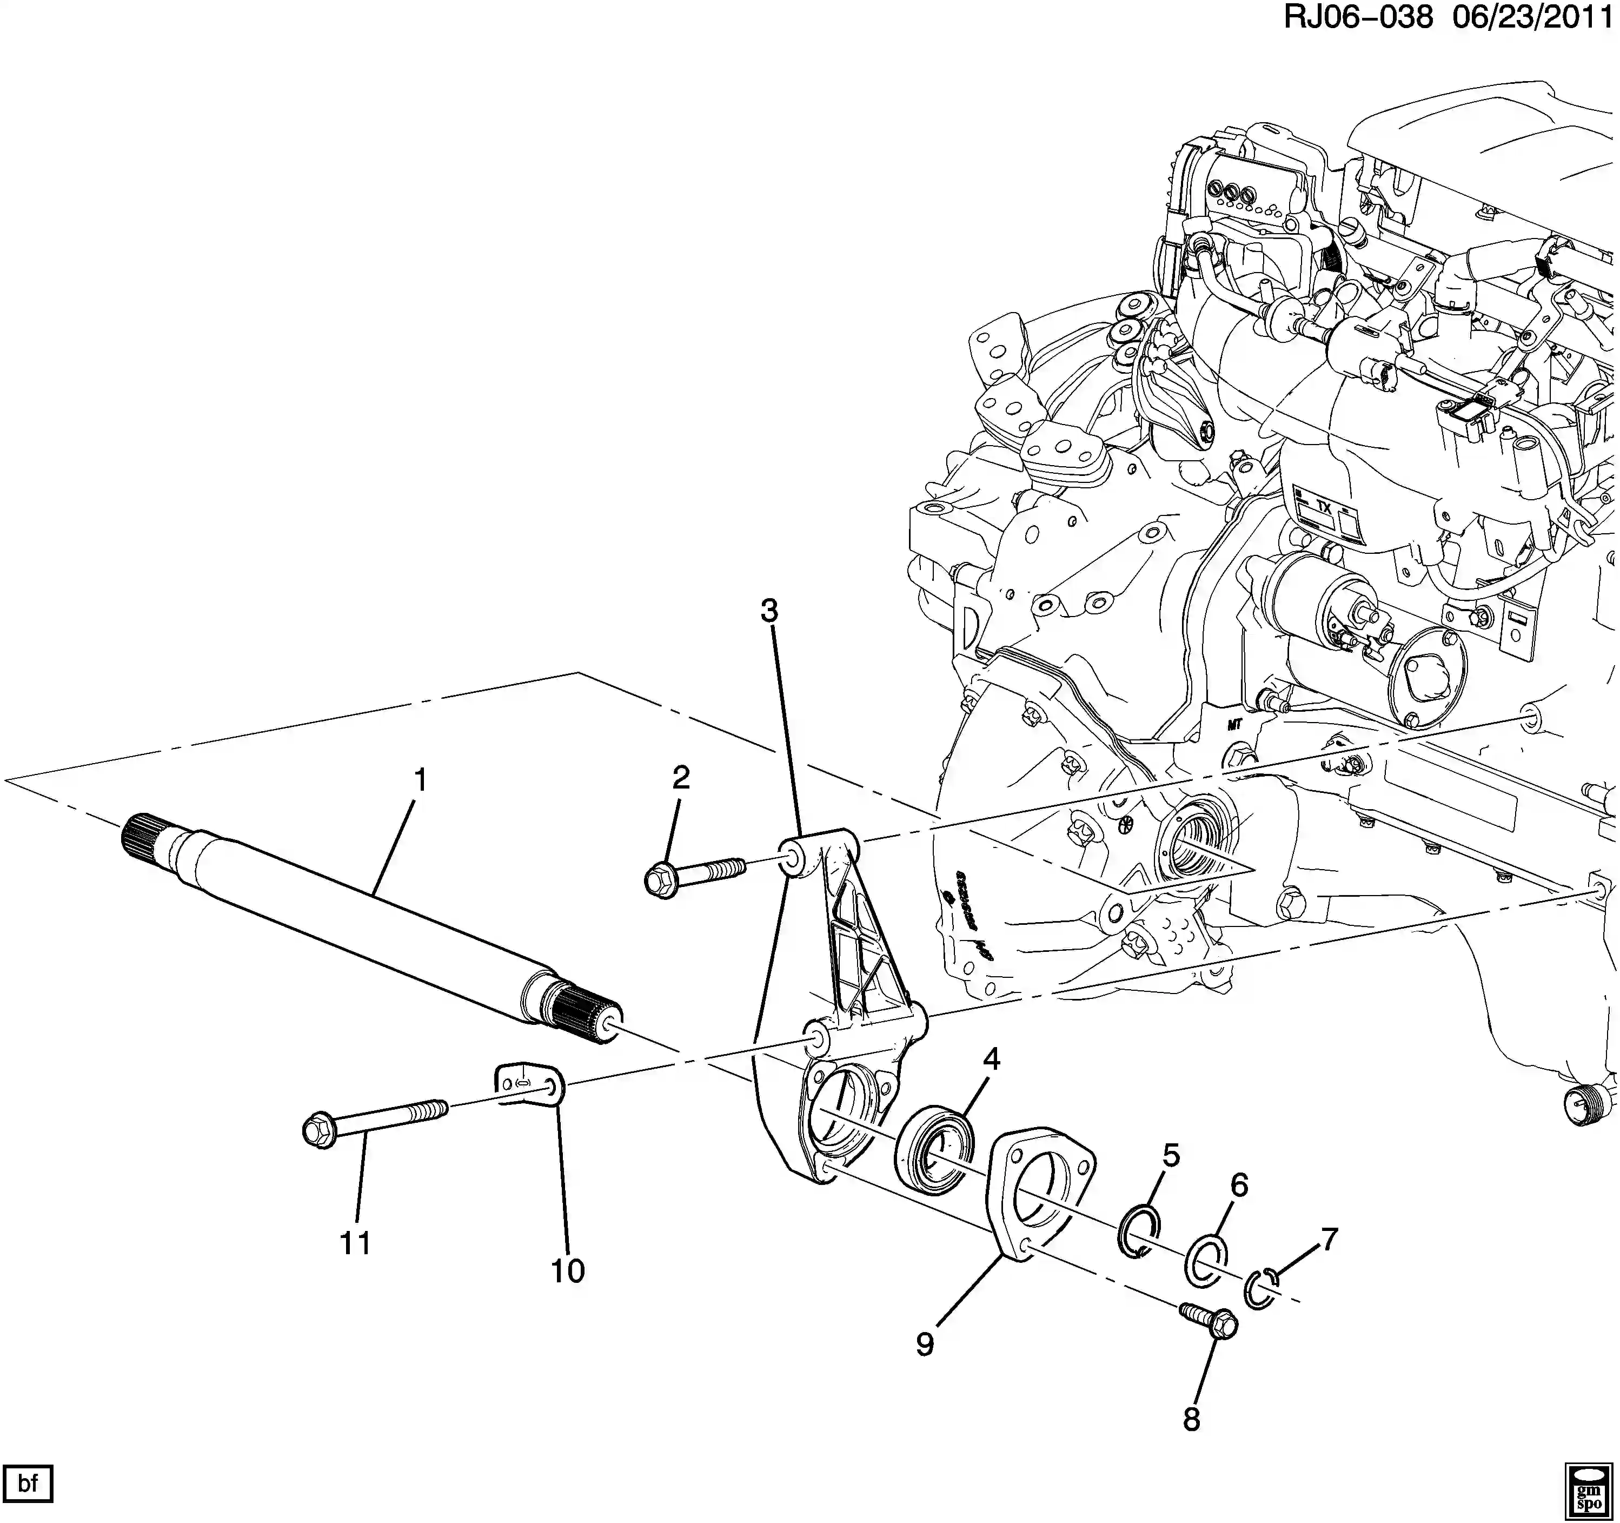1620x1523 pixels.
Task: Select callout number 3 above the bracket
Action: (769, 611)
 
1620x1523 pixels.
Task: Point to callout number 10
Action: (568, 1270)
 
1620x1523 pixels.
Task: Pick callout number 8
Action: (1191, 1420)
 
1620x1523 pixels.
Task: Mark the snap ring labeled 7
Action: (1260, 1292)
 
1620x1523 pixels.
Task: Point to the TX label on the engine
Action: (1323, 507)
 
